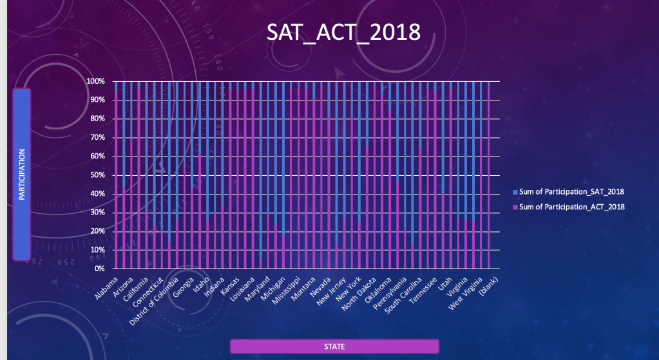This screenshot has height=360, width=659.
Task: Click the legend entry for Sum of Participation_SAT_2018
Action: pos(571,192)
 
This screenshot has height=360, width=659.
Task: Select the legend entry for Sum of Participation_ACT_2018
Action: pos(571,207)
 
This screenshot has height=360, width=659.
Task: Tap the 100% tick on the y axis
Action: pos(95,82)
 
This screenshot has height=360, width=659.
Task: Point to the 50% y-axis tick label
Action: pos(97,175)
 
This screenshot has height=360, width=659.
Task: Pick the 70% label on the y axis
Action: pos(97,138)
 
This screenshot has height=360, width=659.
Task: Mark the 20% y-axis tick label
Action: pos(97,231)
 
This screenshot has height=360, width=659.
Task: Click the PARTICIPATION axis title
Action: pos(21,175)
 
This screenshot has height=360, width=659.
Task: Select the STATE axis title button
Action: pos(334,346)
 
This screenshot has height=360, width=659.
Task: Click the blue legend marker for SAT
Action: pos(515,193)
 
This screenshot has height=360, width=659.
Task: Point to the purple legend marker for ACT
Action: pos(515,207)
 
